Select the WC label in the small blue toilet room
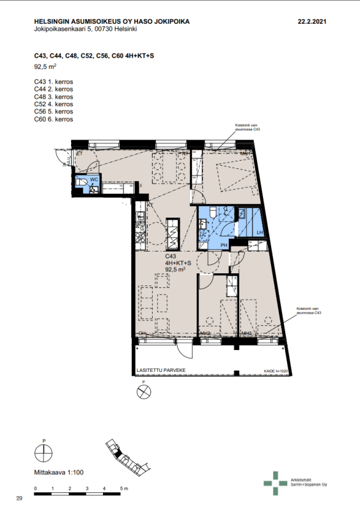[93, 180]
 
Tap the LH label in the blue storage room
[260, 232]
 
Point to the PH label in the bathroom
[224, 245]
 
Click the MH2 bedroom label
[205, 333]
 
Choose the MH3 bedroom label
[246, 333]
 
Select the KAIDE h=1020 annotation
[277, 371]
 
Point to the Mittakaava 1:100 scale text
[58, 472]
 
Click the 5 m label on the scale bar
[123, 488]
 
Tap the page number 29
[19, 498]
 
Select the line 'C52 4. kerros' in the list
[54, 104]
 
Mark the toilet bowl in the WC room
[81, 184]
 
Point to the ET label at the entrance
[80, 154]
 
